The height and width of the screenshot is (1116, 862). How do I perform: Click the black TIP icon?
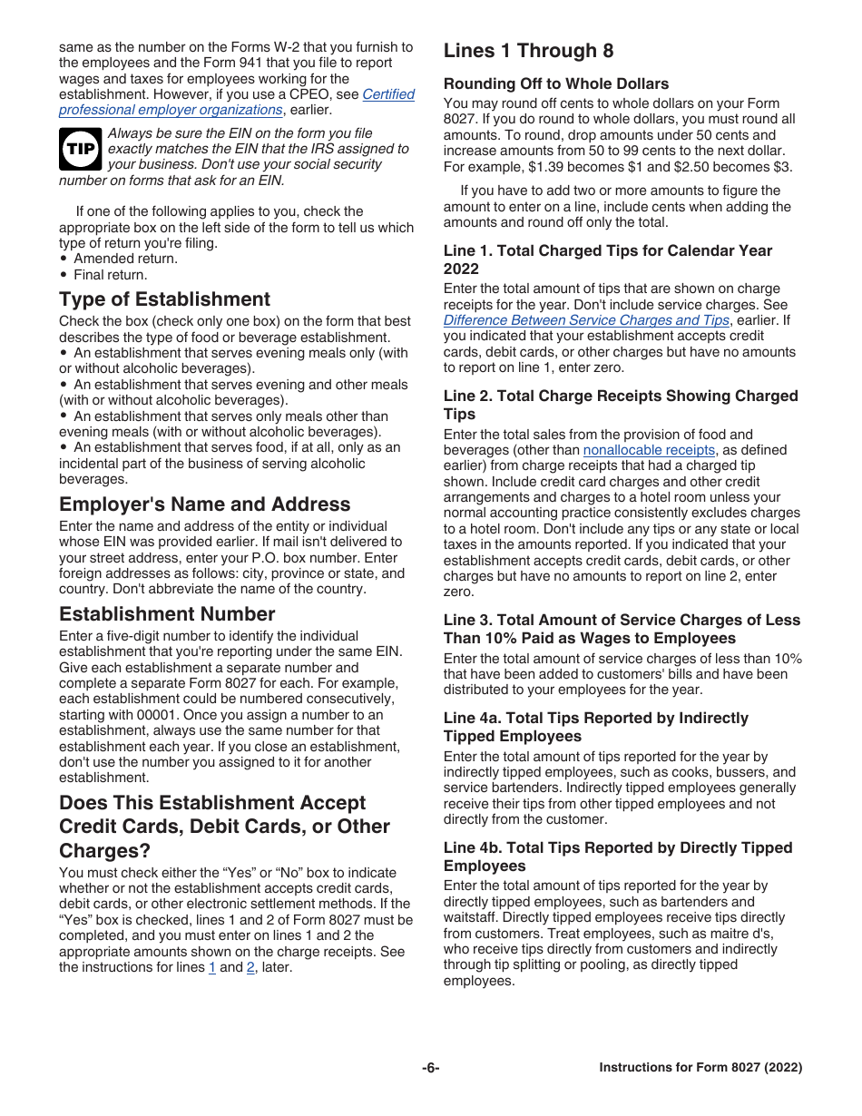click(80, 149)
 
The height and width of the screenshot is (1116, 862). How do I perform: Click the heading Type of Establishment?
click(164, 299)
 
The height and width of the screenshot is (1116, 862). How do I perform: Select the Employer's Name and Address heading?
click(204, 504)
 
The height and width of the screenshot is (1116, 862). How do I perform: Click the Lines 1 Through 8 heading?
click(534, 51)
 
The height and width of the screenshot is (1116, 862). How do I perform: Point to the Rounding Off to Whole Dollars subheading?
click(556, 83)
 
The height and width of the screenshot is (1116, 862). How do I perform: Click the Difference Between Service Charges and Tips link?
click(586, 320)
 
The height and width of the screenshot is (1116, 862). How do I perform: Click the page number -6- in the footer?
click(430, 1068)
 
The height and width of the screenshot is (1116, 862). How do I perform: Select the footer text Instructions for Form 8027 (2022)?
click(700, 1068)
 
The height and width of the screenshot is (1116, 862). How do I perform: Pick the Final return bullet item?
click(110, 275)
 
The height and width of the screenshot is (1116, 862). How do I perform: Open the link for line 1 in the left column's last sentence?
click(212, 967)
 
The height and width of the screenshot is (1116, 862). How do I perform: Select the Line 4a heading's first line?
click(595, 719)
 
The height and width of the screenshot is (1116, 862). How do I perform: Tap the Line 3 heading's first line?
click(622, 621)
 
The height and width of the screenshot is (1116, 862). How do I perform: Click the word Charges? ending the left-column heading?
click(104, 851)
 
